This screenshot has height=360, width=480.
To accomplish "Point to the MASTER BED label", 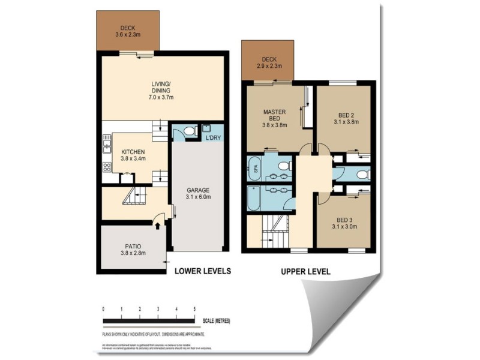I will click(274, 118).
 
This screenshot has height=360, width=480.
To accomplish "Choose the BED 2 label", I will click(346, 118).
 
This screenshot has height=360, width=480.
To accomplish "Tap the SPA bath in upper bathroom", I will click(253, 169).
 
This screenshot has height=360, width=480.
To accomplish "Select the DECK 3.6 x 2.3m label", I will click(127, 31).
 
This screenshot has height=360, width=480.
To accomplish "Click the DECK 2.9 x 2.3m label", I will click(267, 62).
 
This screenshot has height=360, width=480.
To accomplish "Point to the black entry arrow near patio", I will click(158, 226).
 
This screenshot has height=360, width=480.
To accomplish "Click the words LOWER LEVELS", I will click(202, 271).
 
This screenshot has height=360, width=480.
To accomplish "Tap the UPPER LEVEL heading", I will click(305, 271).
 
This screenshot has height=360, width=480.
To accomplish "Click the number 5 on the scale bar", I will click(194, 308).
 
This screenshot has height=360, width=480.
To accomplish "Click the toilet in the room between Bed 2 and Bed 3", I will click(361, 174).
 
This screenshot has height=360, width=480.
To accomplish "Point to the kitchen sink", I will click(107, 144).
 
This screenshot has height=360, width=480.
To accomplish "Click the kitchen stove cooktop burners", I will click(107, 167).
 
